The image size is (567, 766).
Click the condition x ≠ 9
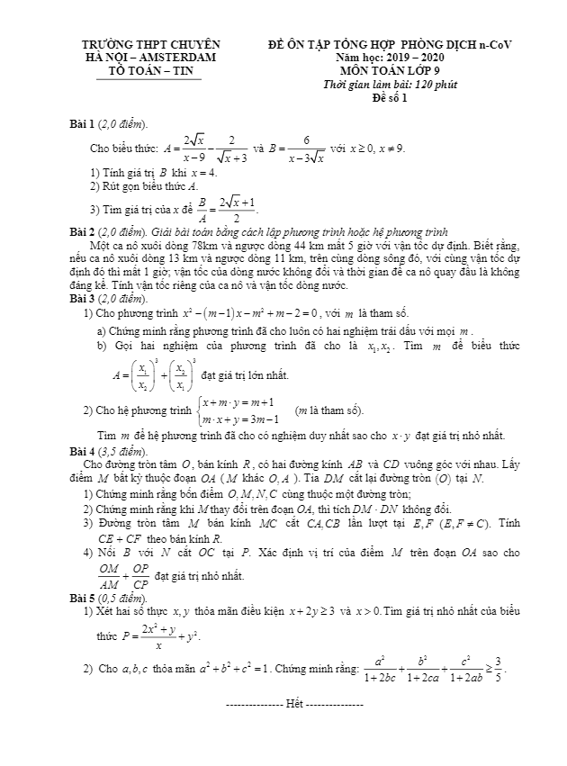tap(391, 148)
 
